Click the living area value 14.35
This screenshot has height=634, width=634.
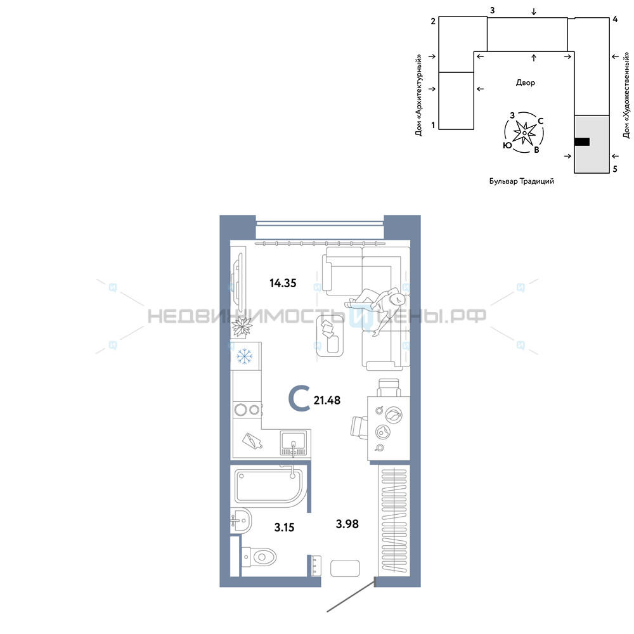283,283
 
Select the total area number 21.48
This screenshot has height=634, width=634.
327,400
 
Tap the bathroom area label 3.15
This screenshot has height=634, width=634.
284,527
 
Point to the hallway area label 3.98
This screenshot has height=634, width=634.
347,524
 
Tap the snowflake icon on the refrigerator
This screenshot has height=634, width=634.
244,356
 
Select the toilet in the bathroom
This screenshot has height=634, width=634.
259,557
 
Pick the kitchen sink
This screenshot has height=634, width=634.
294,443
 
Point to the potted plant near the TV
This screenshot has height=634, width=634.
242,326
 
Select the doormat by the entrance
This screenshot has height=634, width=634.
345,569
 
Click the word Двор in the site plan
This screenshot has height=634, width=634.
525,83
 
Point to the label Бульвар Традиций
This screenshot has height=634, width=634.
522,181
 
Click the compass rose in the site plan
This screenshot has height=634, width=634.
524,133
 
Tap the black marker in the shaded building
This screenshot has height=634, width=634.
582,141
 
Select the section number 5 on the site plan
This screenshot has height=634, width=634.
615,169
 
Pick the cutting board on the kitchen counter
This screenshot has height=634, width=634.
252,441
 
